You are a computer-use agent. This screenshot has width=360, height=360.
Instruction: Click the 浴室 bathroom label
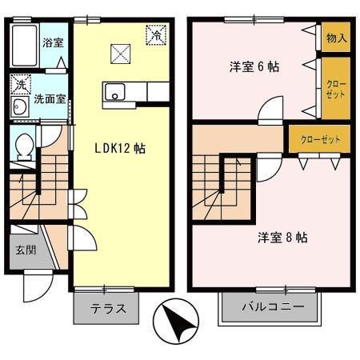pos(54,42)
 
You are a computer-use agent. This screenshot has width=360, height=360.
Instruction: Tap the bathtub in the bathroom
pos(25,46)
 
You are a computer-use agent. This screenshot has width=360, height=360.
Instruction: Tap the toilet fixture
pos(25,146)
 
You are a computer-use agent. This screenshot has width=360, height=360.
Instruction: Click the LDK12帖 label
pos(120,147)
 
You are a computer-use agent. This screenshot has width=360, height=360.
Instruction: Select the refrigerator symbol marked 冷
pos(156,34)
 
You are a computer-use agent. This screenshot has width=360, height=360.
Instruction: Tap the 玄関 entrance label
pos(25,250)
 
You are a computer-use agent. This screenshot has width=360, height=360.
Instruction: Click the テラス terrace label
pos(106,309)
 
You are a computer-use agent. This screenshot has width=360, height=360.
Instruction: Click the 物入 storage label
pos(336,37)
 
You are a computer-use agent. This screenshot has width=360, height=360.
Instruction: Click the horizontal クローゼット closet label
pos(320,139)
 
